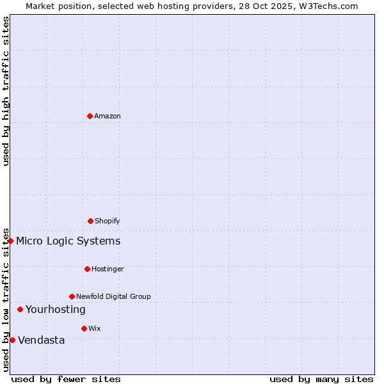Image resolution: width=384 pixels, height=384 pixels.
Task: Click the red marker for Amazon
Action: click(90, 116)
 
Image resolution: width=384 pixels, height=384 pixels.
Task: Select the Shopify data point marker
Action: click(90, 221)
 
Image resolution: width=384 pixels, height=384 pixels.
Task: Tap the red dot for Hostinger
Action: click(87, 269)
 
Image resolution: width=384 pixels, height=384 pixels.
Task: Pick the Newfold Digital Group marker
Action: click(72, 296)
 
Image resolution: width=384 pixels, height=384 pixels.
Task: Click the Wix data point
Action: click(84, 328)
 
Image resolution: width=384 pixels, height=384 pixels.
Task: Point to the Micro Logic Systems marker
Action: click(11, 241)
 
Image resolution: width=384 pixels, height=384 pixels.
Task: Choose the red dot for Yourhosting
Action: click(20, 309)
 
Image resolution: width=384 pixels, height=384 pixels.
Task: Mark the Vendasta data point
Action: click(12, 340)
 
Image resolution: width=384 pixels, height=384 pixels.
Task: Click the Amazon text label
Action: click(108, 116)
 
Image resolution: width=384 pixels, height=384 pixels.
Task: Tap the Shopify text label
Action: click(107, 221)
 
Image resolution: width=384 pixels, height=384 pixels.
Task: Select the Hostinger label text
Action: click(108, 269)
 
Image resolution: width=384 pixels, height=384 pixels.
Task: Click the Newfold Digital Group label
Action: click(113, 296)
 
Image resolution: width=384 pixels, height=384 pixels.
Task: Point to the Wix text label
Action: click(95, 328)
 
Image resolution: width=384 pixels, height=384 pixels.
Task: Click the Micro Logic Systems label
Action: click(68, 241)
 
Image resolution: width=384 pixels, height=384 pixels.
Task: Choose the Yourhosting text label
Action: click(55, 309)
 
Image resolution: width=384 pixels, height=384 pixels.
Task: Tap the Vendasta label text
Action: click(41, 340)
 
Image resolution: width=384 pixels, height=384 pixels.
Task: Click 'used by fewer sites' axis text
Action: click(66, 379)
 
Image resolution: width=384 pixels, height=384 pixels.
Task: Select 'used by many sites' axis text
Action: click(321, 379)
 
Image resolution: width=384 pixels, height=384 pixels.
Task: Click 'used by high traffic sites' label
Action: click(6, 91)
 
